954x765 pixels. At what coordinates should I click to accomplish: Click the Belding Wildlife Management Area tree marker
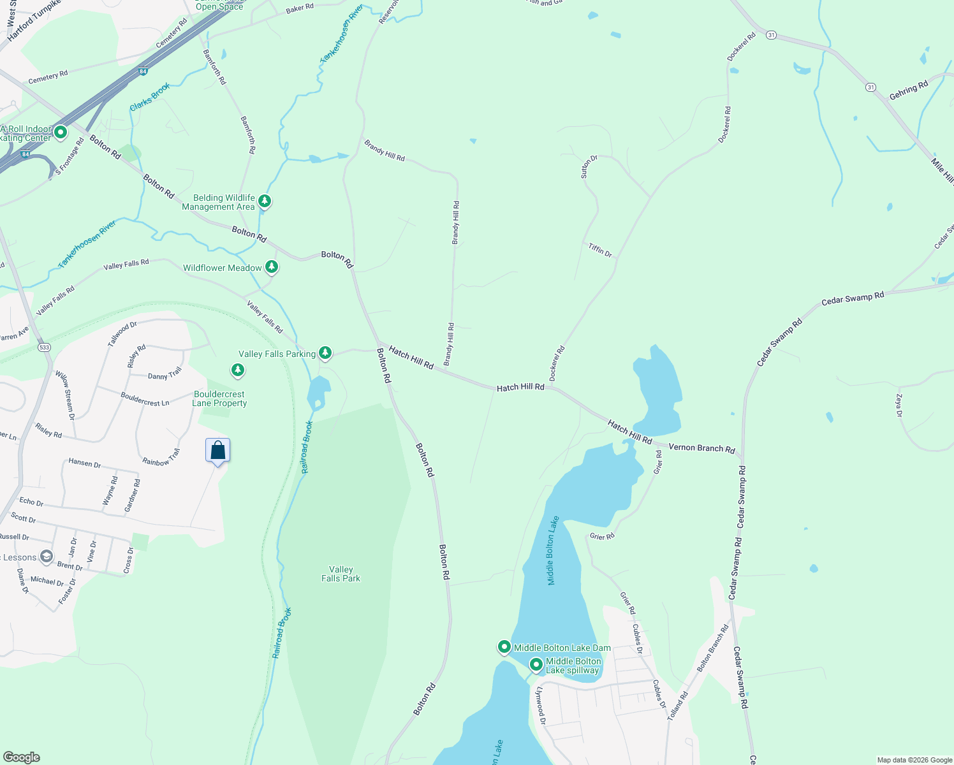[265, 201]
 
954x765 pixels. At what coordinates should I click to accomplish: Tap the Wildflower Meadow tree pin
[272, 266]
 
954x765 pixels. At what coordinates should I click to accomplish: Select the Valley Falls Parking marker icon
[325, 352]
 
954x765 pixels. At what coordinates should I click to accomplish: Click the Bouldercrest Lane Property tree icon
[238, 370]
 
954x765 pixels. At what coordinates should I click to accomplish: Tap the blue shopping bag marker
[218, 451]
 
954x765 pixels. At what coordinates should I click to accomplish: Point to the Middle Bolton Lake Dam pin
[504, 647]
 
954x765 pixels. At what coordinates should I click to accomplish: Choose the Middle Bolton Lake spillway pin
[536, 665]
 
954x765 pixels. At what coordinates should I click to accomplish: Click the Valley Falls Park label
[341, 574]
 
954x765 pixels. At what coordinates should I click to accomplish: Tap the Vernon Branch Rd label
[701, 448]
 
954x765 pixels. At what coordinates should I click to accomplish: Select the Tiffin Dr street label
[600, 249]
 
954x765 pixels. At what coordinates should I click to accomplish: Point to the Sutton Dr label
[589, 166]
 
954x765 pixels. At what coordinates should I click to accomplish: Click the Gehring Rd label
[909, 91]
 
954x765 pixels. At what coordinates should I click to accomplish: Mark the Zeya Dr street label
[899, 405]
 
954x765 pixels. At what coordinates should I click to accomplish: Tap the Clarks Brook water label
[150, 97]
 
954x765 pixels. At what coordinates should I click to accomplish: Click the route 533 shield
[43, 347]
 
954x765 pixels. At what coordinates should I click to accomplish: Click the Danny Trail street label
[165, 374]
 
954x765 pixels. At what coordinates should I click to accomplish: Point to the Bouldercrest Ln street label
[145, 399]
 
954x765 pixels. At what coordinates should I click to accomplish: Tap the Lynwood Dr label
[540, 705]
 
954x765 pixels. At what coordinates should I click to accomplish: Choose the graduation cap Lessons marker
[47, 557]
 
